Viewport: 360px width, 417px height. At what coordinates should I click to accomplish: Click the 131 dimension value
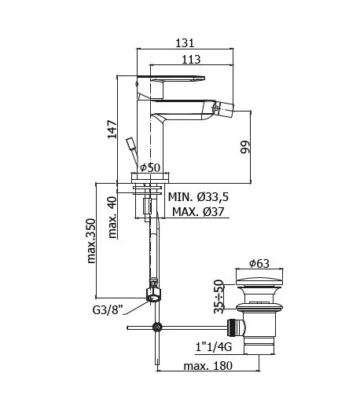click(185, 43)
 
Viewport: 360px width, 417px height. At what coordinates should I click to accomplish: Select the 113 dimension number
click(191, 60)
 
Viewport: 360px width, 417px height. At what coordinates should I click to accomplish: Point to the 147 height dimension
click(112, 130)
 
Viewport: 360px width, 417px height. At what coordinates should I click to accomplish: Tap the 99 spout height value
click(245, 147)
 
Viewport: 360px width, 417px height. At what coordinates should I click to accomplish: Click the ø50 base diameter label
click(150, 167)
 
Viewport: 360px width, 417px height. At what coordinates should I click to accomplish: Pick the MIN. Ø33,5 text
click(198, 197)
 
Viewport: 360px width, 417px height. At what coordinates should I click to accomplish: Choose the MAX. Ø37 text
click(198, 212)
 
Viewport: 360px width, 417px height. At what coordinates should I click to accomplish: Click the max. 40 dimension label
click(112, 218)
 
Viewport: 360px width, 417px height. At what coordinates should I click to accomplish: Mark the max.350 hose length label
click(91, 241)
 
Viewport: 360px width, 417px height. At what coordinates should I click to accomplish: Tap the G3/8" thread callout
click(108, 309)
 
